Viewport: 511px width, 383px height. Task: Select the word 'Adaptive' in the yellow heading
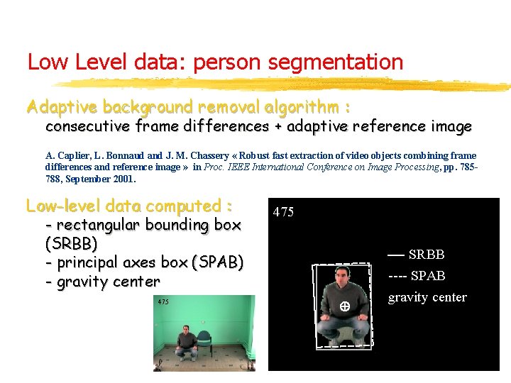[x=62, y=108]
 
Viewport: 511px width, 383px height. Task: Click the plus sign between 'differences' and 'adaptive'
[x=277, y=127]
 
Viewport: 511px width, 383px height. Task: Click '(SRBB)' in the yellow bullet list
[x=71, y=243]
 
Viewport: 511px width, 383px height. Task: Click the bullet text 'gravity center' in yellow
[x=109, y=282]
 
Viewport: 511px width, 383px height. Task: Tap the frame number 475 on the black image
[x=283, y=212]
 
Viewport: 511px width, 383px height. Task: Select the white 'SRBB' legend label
[x=427, y=255]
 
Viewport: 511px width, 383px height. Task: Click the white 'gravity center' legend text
[x=427, y=297]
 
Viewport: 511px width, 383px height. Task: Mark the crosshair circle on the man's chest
[x=343, y=306]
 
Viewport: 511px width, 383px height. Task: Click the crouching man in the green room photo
[x=186, y=340]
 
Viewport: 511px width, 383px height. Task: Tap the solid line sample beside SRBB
[x=395, y=255]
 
